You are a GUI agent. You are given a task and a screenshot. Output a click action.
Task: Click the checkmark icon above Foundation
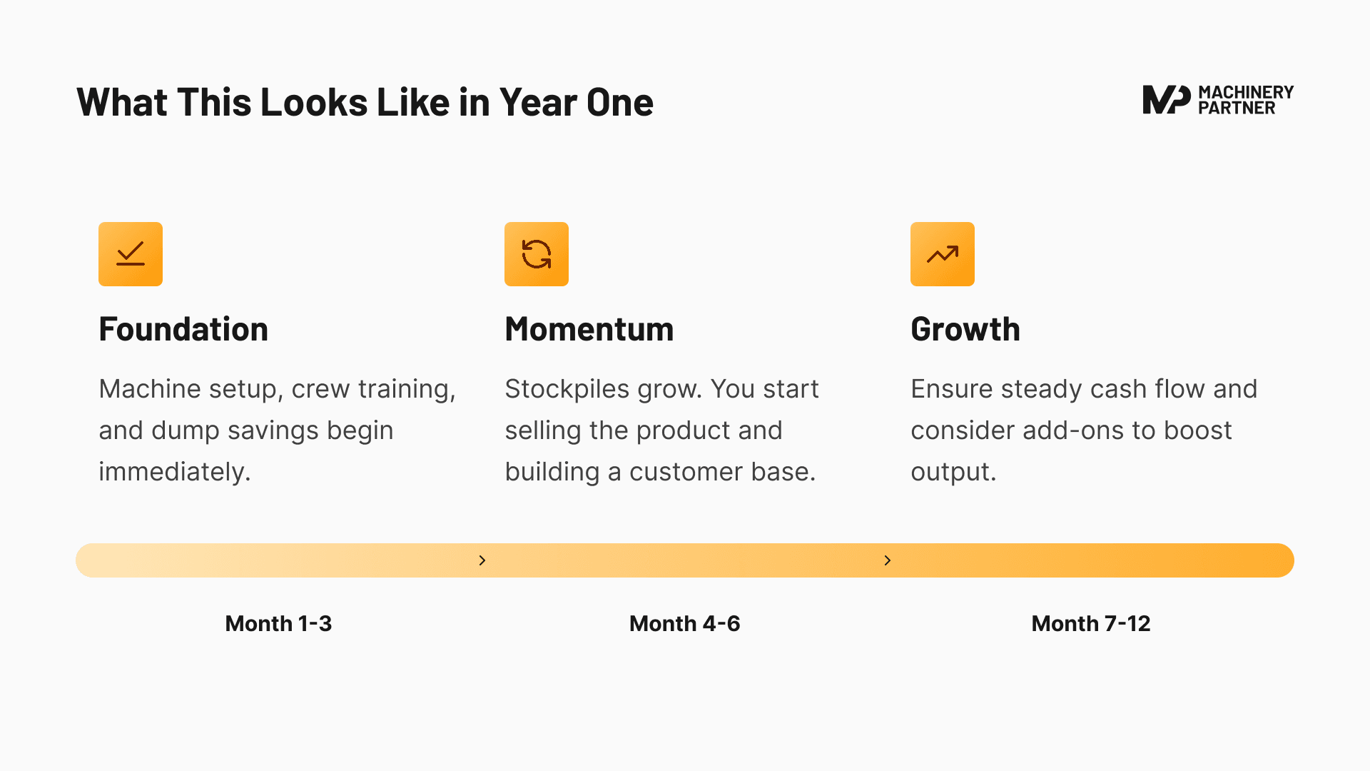(x=131, y=254)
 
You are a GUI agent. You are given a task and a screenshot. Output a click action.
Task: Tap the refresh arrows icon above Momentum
(x=537, y=254)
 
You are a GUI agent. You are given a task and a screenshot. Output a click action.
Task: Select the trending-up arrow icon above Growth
(x=943, y=254)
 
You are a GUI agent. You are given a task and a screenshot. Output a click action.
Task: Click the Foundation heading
(x=183, y=329)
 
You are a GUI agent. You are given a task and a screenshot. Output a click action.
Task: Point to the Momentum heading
(x=589, y=329)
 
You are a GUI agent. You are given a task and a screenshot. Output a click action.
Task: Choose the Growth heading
(x=965, y=329)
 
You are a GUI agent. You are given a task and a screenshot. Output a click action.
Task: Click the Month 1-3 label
(x=278, y=623)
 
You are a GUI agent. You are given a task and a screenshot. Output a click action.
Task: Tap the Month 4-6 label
(x=684, y=623)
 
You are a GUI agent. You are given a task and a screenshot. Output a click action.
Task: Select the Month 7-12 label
(x=1090, y=623)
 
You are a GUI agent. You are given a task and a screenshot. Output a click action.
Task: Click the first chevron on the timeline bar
(x=482, y=560)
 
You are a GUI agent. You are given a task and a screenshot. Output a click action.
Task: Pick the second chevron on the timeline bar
(x=888, y=560)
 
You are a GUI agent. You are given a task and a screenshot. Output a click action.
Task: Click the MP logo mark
(x=1166, y=100)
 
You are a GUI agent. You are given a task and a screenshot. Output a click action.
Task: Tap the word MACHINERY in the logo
(x=1246, y=92)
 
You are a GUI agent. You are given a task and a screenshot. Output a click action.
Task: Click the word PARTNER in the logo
(x=1237, y=108)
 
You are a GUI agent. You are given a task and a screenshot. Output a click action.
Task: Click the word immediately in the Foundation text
(x=174, y=472)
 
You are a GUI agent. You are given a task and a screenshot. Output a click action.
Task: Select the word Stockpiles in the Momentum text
(x=567, y=389)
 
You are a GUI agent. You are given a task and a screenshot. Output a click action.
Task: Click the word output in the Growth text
(x=953, y=472)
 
